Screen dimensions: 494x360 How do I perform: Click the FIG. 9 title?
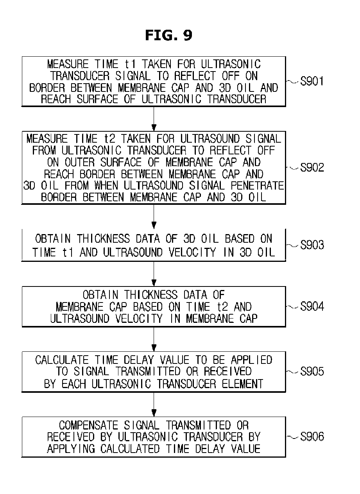tap(168, 36)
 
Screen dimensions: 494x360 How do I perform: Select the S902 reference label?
tap(312, 168)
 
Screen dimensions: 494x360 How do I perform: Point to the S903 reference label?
tap(312, 245)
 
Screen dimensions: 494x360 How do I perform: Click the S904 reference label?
tap(312, 307)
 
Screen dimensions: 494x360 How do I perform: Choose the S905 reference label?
tap(312, 371)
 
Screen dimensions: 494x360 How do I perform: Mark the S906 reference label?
tap(312, 437)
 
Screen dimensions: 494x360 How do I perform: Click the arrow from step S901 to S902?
tap(154, 119)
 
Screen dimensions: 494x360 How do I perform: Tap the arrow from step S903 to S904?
tap(154, 274)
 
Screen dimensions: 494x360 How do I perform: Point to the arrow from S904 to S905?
tap(154, 339)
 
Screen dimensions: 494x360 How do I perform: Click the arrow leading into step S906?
tap(154, 404)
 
